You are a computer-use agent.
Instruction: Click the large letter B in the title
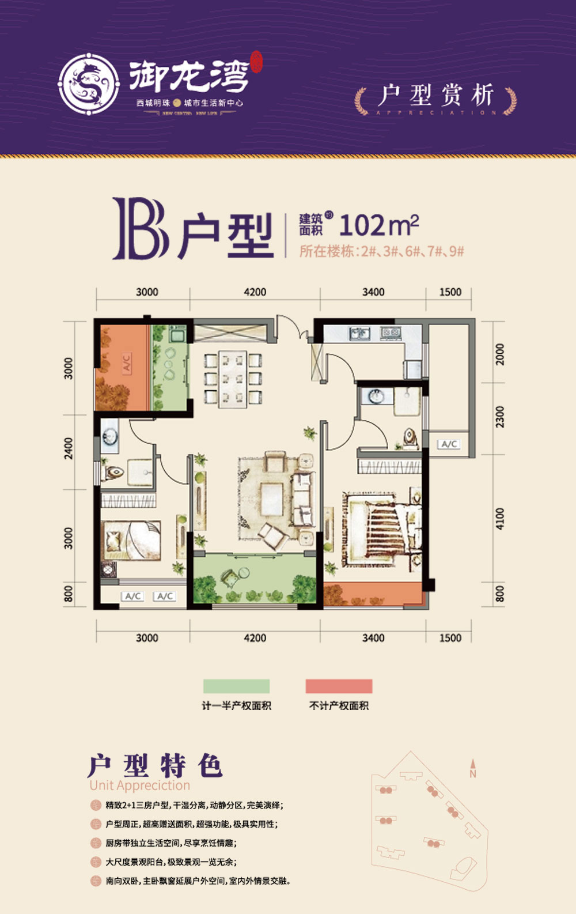pyautogui.click(x=140, y=228)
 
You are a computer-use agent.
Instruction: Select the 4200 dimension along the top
pyautogui.click(x=255, y=292)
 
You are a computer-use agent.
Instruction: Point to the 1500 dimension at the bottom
pyautogui.click(x=450, y=638)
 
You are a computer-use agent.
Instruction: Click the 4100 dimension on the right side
pyautogui.click(x=499, y=519)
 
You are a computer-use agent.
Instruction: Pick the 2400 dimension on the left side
pyautogui.click(x=69, y=448)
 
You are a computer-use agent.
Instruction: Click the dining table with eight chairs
pyautogui.click(x=233, y=378)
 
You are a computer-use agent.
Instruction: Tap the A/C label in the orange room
pyautogui.click(x=126, y=362)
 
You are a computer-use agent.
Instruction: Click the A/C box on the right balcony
pyautogui.click(x=449, y=444)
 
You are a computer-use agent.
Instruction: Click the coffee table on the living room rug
pyautogui.click(x=271, y=498)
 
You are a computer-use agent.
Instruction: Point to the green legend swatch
pyautogui.click(x=236, y=686)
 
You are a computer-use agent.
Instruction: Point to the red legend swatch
pyautogui.click(x=339, y=686)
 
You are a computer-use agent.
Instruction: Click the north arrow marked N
pyautogui.click(x=472, y=770)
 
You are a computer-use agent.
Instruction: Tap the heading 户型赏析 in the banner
pyautogui.click(x=436, y=95)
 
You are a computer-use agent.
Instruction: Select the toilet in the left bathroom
pyautogui.click(x=114, y=473)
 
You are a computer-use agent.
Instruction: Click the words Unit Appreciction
pyautogui.click(x=139, y=785)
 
